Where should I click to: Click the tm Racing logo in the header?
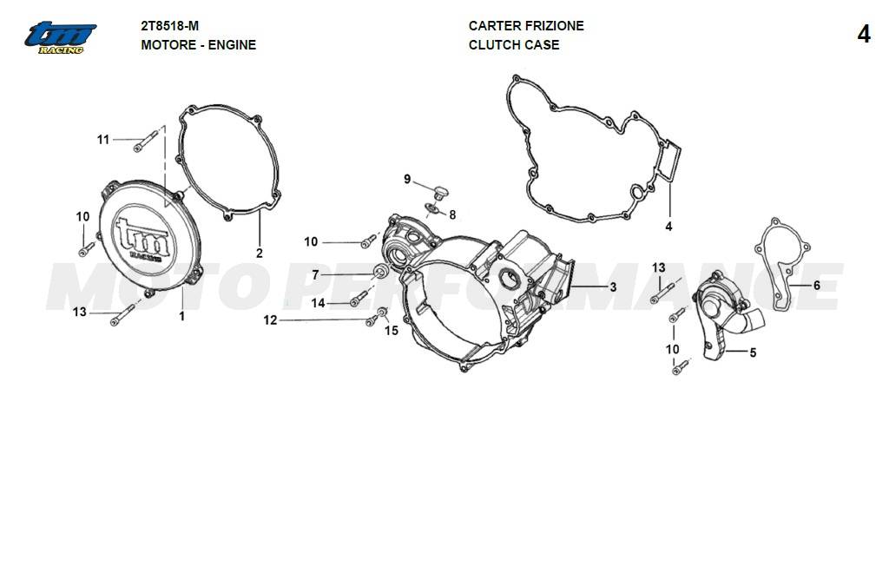point(60,38)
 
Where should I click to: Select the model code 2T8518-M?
point(170,26)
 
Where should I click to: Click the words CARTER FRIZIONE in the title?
point(526,26)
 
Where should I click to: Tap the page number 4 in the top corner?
point(864,35)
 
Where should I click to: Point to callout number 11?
point(103,140)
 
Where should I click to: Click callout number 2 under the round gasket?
point(260,254)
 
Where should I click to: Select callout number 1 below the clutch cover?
point(182,316)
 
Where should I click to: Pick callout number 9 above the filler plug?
point(407,180)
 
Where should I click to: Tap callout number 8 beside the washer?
point(452,214)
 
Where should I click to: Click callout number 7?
point(315,275)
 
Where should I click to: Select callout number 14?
point(318,303)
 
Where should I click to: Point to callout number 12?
point(271,320)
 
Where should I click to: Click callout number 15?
point(392,331)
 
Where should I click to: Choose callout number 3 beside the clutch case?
point(613,287)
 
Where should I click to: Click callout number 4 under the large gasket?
point(669,227)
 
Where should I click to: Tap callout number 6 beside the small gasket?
point(817,285)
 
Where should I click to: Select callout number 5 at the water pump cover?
point(753,352)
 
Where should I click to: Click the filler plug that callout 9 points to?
point(440,193)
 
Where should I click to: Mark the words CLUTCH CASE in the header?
point(514,45)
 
